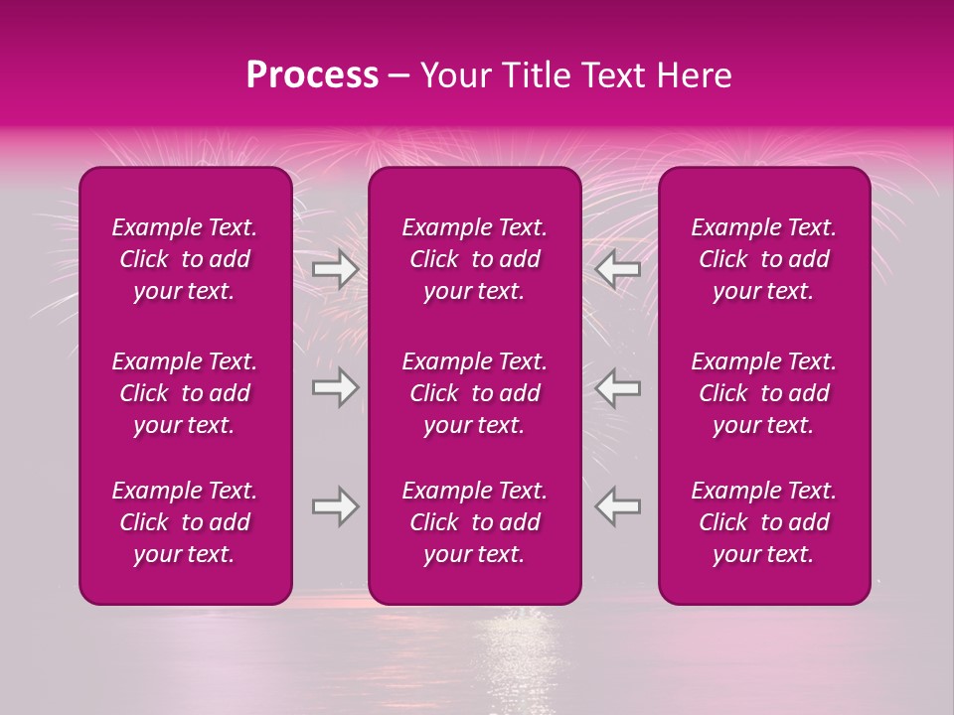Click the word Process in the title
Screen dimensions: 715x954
(x=312, y=75)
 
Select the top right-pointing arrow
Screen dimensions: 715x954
(x=336, y=270)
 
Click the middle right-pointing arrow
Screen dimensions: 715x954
(x=336, y=387)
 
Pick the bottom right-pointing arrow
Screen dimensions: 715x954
(x=336, y=506)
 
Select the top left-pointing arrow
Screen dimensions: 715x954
(x=618, y=270)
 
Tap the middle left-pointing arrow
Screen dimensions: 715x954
(x=618, y=387)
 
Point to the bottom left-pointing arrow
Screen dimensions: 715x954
(x=618, y=506)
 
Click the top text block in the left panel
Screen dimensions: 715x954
(x=185, y=259)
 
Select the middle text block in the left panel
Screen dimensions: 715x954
(x=185, y=393)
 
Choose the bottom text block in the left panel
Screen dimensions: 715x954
(x=185, y=522)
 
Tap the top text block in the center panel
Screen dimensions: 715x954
(x=475, y=259)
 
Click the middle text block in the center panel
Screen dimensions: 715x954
(x=475, y=393)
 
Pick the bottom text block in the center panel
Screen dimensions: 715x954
(x=475, y=522)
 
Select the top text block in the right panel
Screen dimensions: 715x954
(x=764, y=259)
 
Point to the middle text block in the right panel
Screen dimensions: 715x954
(x=764, y=393)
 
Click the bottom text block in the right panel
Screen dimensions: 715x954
(x=764, y=522)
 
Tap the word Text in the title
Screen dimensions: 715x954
(x=613, y=75)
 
